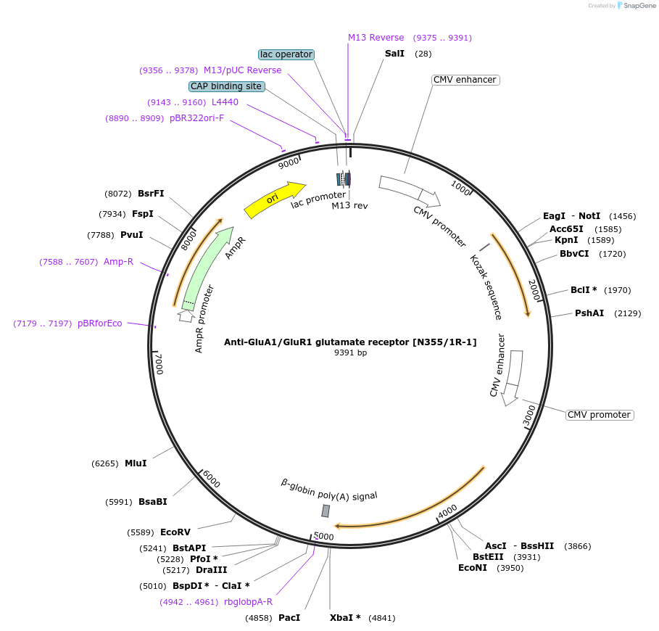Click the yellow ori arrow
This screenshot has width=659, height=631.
(274, 199)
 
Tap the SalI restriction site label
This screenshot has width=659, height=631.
(394, 54)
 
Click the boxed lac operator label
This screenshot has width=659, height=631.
(286, 54)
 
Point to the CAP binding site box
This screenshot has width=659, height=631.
(226, 86)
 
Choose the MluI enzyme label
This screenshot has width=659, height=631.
(136, 463)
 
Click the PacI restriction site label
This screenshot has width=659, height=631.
(289, 618)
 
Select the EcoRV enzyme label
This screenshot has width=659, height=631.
(175, 532)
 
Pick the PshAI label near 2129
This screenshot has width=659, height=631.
(589, 313)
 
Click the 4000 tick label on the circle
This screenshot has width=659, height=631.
(447, 511)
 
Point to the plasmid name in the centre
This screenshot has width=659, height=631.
(350, 342)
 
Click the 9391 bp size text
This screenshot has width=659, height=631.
(350, 352)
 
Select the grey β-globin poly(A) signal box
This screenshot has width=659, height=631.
(326, 511)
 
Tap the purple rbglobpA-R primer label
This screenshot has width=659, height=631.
(248, 601)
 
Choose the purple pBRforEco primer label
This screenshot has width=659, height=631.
(100, 323)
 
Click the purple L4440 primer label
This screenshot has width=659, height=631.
(225, 102)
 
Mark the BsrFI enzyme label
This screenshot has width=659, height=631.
(151, 194)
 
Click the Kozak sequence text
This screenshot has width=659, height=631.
(486, 287)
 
